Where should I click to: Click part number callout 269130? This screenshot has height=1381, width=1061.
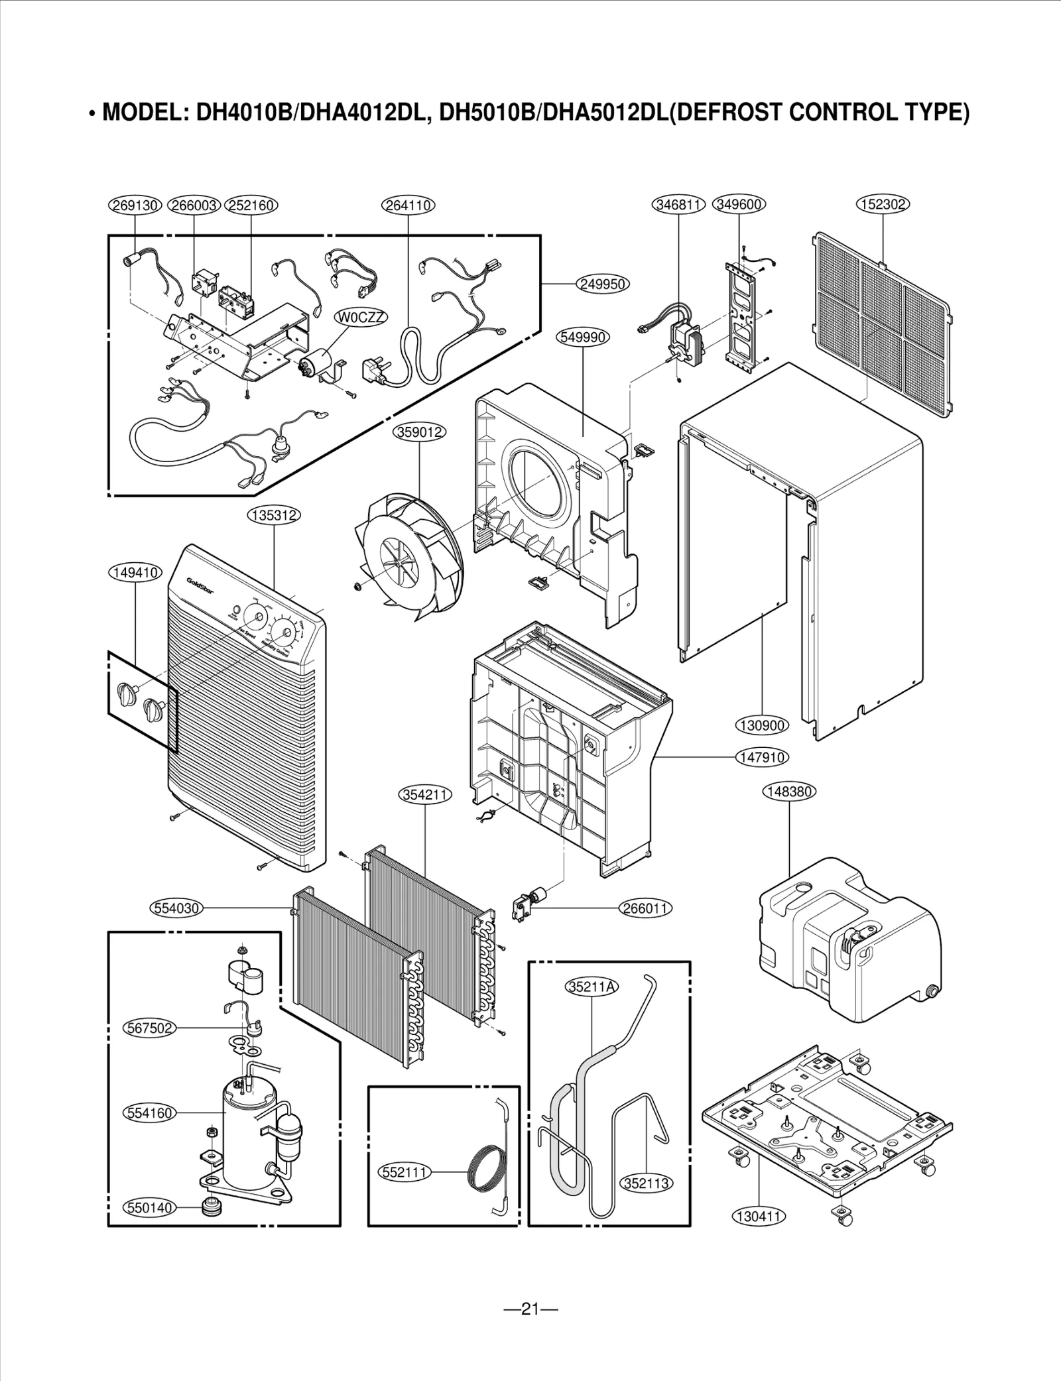[135, 206]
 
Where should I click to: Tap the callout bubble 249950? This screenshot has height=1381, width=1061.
[602, 284]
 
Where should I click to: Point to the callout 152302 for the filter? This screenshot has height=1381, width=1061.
[883, 205]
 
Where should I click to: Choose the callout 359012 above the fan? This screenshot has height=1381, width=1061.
[420, 432]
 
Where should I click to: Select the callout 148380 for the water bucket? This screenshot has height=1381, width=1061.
[788, 792]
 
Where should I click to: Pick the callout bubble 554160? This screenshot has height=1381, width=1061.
[150, 1112]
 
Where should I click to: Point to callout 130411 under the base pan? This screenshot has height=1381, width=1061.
[759, 1216]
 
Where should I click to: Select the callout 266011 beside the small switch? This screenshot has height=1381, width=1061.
[646, 908]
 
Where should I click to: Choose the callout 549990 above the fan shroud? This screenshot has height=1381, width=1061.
[582, 337]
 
